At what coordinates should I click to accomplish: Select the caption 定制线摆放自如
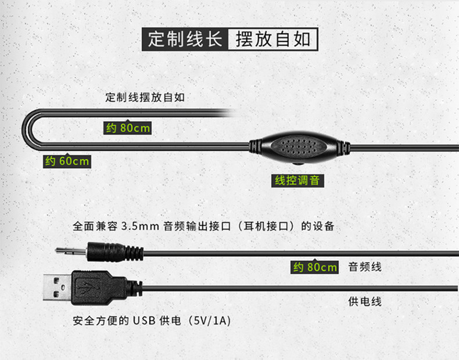point(145,98)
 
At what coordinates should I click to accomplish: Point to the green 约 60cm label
point(68,161)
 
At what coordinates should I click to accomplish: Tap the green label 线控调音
point(297,180)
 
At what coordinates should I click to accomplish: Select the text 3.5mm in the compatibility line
point(140,226)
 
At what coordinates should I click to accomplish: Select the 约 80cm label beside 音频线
point(314,267)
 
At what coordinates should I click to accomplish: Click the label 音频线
point(365,267)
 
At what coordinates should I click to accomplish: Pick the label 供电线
point(365,301)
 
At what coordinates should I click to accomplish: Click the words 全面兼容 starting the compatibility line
point(95,226)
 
